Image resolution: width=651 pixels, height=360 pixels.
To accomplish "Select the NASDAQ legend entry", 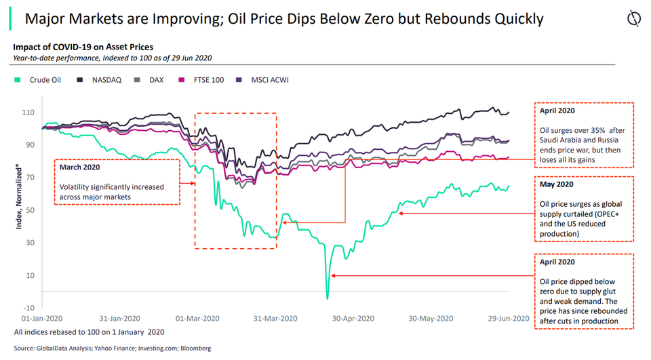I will coord(102,80).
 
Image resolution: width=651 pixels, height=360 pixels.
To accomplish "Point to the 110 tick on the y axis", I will coord(29,113).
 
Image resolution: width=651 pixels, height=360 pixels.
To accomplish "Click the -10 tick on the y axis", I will coord(29,308).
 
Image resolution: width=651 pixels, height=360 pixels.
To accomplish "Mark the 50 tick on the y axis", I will coord(31,210).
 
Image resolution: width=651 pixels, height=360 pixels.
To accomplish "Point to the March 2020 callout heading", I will coord(79,167).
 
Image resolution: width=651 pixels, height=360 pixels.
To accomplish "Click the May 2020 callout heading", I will coord(557,184).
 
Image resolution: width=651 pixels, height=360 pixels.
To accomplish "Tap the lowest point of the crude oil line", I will coord(328,298).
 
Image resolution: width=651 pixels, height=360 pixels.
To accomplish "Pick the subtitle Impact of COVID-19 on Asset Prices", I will coord(83,47).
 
